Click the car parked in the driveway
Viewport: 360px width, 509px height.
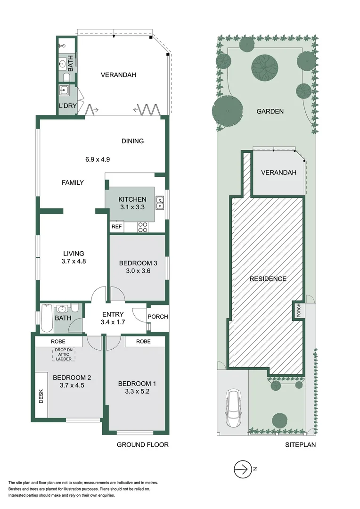[x=234, y=408]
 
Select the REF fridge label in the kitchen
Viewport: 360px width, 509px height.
[x=116, y=227]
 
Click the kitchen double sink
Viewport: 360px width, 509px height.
[x=160, y=202]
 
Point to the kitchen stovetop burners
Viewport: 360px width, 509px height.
[x=143, y=227]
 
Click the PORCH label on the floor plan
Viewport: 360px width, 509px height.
[x=157, y=316]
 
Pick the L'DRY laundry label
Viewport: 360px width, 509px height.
[x=67, y=106]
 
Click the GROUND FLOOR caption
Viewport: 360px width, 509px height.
[x=142, y=444]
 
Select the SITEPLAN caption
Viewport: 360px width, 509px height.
[x=300, y=444]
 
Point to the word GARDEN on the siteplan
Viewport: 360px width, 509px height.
[x=270, y=112]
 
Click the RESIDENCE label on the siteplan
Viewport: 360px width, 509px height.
[x=268, y=279]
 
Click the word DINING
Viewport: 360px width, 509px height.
[x=132, y=141]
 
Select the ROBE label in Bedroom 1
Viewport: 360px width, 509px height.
[x=143, y=341]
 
